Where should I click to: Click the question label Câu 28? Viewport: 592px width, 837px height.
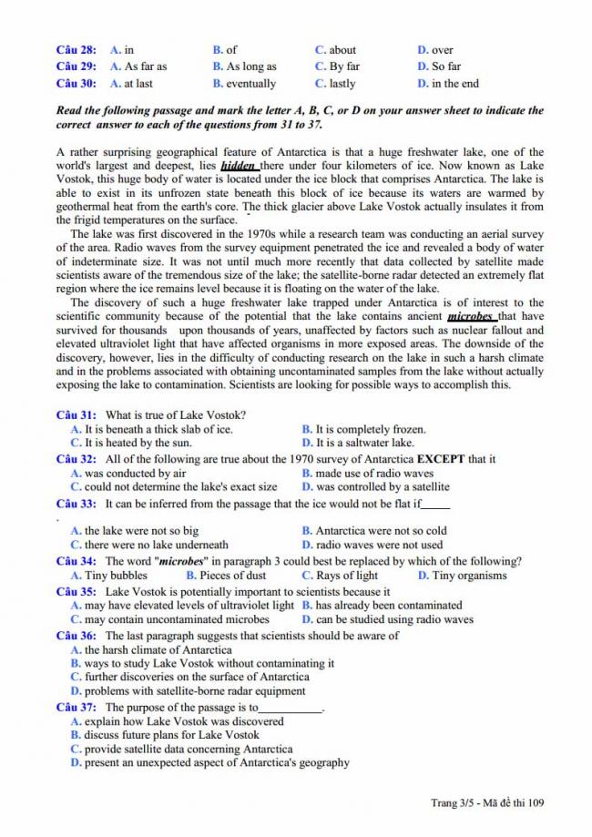[76, 50]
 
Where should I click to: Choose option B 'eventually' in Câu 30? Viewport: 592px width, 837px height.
[244, 84]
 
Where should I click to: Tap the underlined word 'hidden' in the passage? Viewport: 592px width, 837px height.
[238, 167]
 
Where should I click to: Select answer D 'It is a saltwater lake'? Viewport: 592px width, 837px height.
[357, 444]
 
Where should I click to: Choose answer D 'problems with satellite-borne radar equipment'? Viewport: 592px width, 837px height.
[188, 691]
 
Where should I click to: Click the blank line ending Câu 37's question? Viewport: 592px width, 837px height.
[291, 708]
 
